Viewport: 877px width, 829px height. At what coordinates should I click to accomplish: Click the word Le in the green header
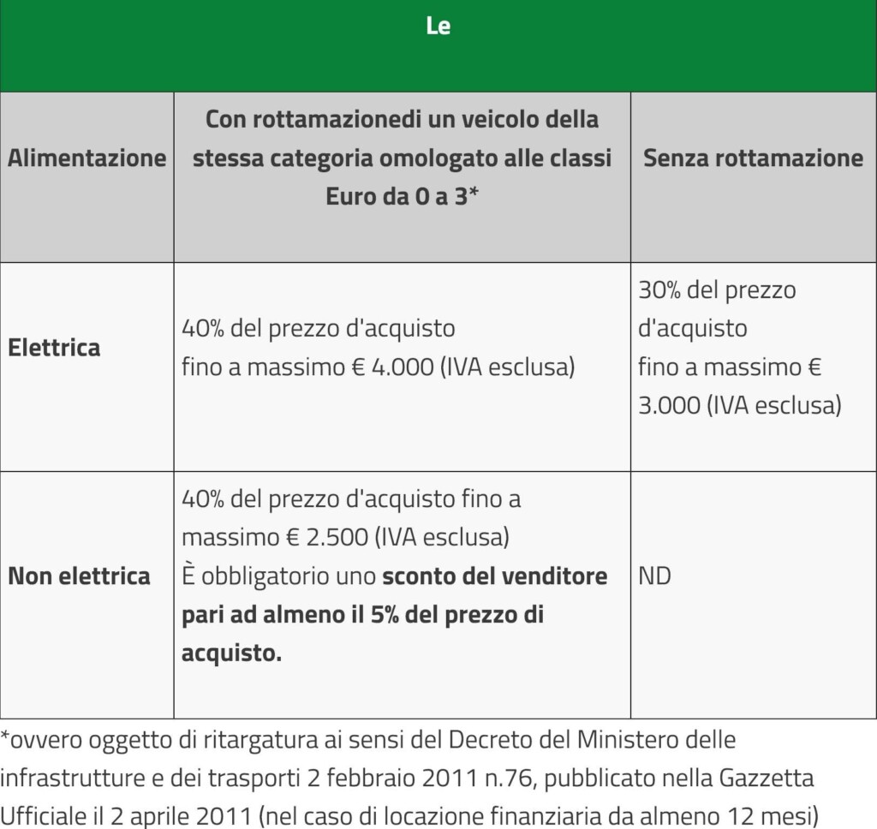438,27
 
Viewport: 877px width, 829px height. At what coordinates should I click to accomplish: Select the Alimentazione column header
87,158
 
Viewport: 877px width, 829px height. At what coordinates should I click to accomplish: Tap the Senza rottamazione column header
753,158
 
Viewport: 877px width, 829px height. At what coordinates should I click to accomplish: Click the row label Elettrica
54,348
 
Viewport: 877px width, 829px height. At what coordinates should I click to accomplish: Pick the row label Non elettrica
79,576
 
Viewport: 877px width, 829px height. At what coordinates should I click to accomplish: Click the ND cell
654,576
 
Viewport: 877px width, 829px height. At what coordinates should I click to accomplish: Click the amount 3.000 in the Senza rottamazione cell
669,405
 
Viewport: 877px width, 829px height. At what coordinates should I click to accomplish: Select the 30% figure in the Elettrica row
659,290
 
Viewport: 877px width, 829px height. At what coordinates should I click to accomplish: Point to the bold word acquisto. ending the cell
231,653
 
